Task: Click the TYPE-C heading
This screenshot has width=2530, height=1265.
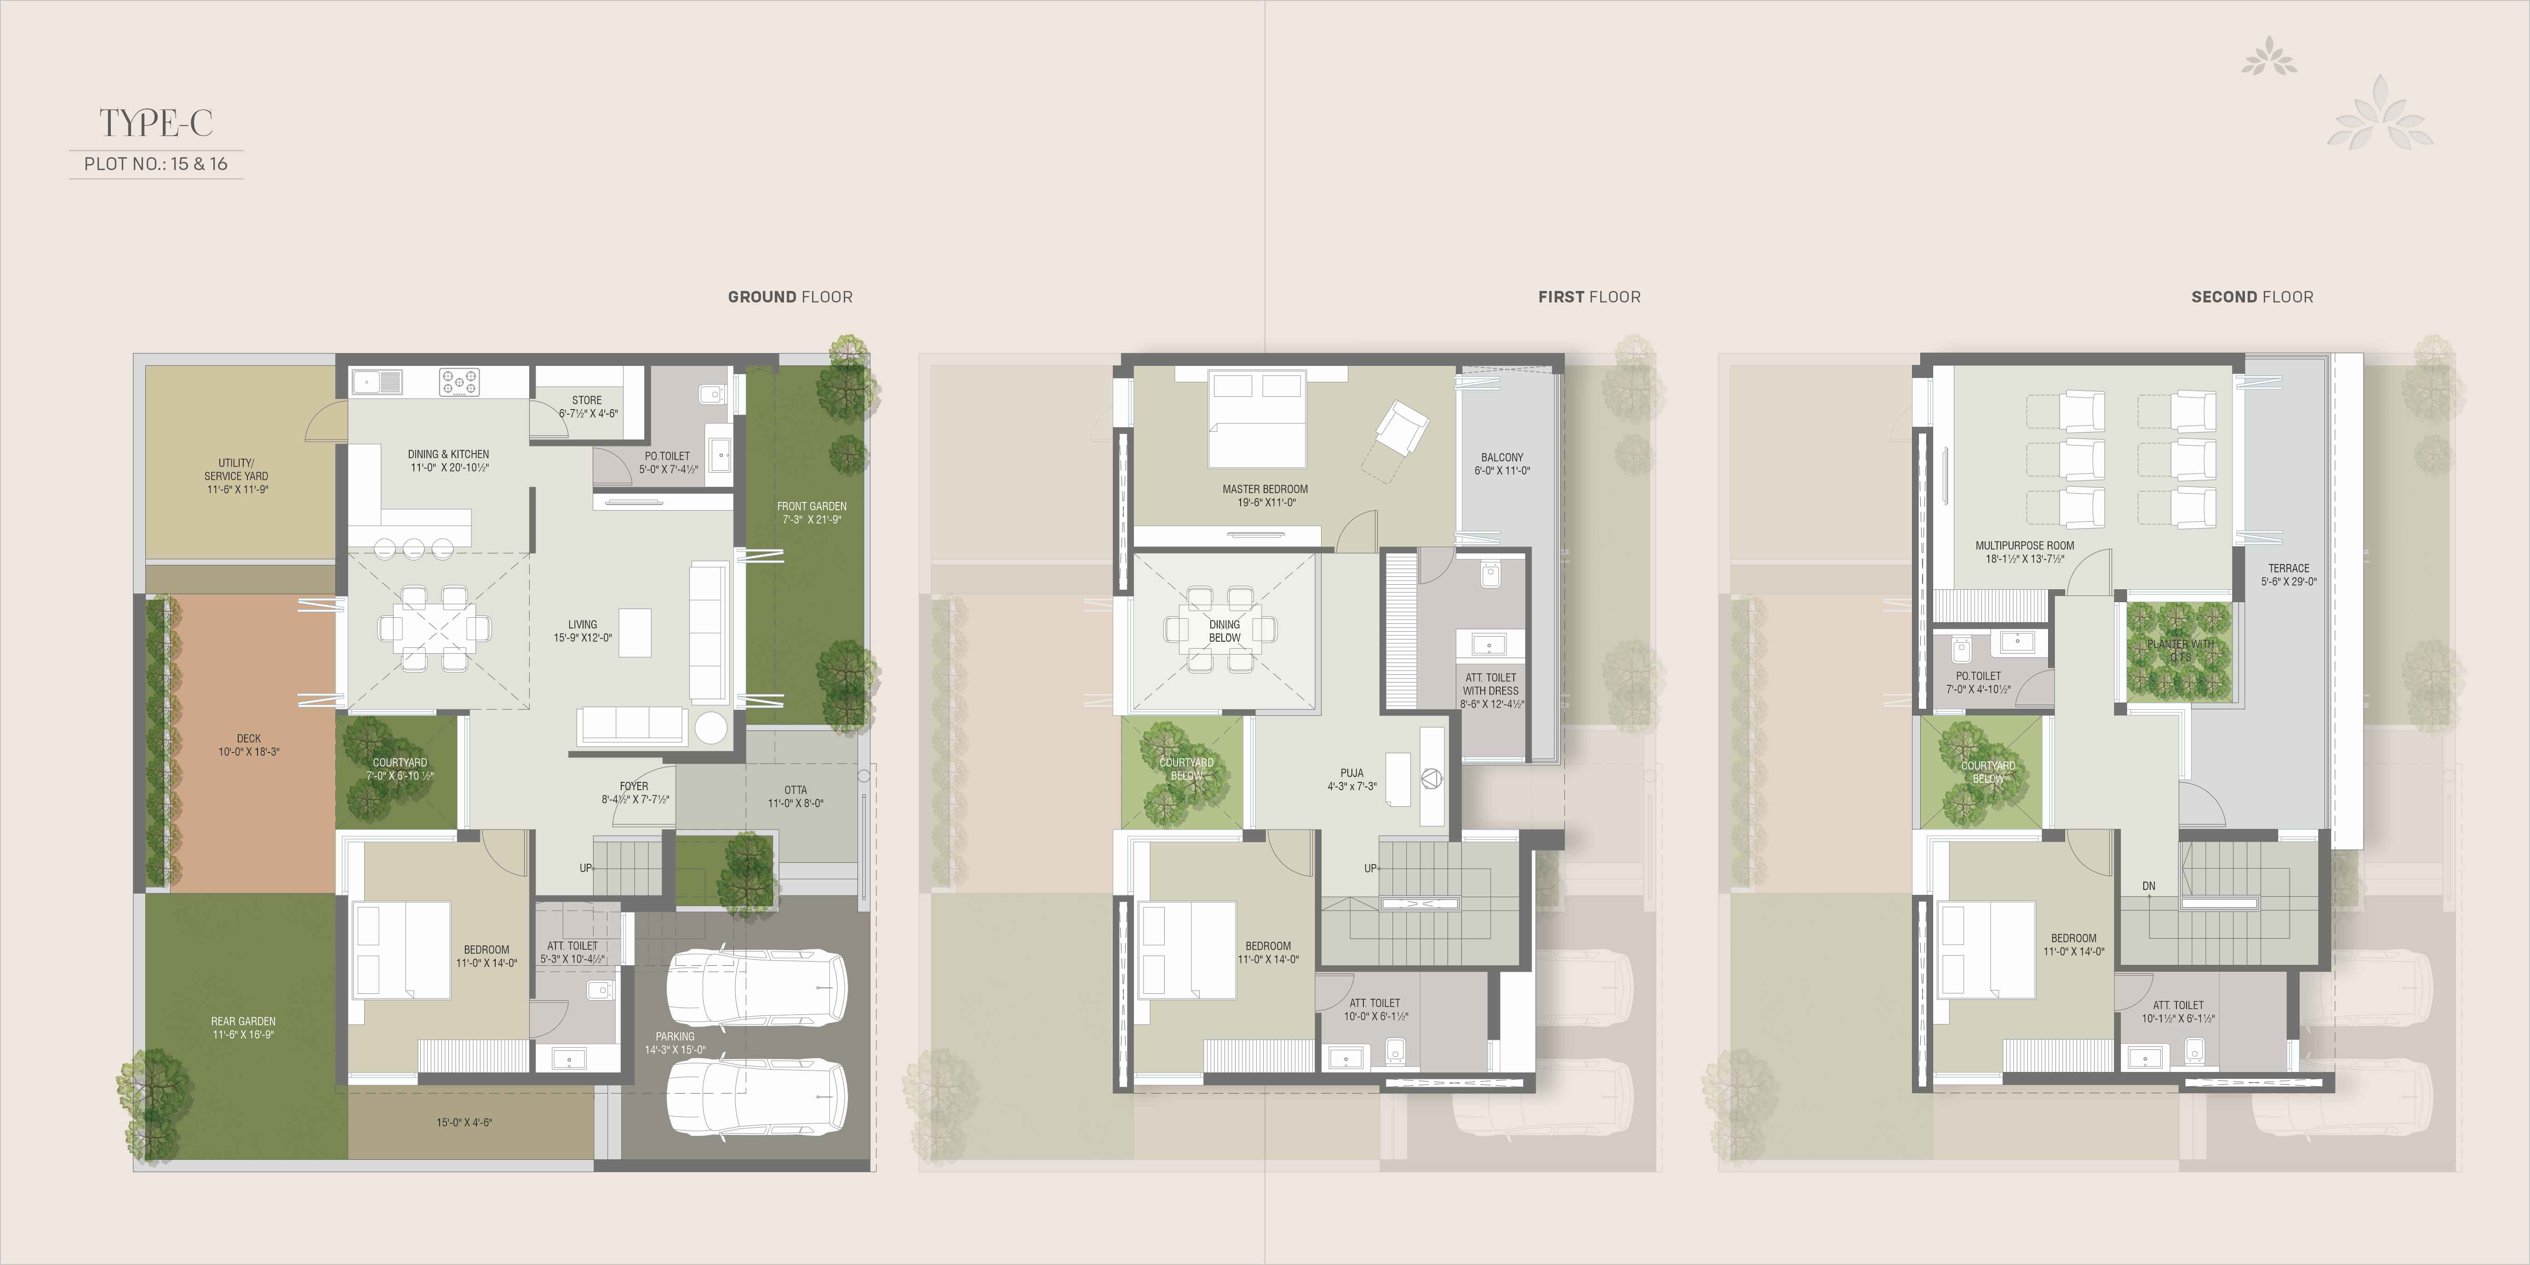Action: coord(156,124)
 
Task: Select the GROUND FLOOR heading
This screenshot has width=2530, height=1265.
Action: coord(790,296)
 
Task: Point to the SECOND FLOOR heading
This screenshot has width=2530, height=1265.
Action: coord(2252,296)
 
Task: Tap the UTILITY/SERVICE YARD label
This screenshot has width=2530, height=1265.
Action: coord(237,475)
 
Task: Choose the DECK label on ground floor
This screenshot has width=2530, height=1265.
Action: coord(248,745)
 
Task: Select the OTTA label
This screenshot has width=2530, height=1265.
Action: coord(796,796)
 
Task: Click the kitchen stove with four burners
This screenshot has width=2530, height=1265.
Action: coord(458,382)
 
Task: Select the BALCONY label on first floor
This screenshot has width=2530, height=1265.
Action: coord(1502,463)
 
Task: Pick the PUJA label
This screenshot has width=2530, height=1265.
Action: coord(1351,779)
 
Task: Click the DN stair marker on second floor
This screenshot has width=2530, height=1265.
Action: coord(2149,886)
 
